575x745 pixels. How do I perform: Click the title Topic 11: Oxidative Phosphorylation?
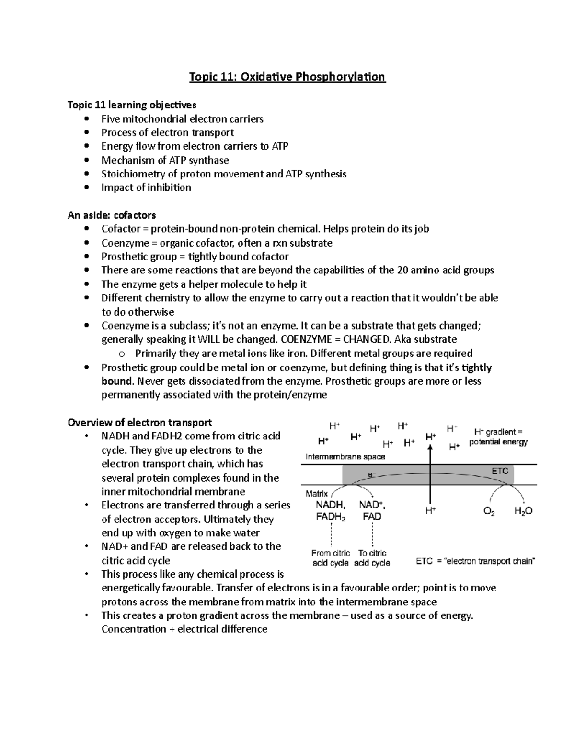pyautogui.click(x=287, y=77)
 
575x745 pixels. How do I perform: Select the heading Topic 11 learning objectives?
pyautogui.click(x=132, y=105)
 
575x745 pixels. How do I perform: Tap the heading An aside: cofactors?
pyautogui.click(x=112, y=215)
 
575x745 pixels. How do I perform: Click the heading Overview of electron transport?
pyautogui.click(x=139, y=423)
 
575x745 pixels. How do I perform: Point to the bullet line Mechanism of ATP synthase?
pyautogui.click(x=165, y=160)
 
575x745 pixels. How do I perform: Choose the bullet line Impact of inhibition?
pyautogui.click(x=146, y=188)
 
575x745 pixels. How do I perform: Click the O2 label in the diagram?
pyautogui.click(x=489, y=511)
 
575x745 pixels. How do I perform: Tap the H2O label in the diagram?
pyautogui.click(x=523, y=511)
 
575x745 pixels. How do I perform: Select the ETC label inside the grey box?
pyautogui.click(x=500, y=471)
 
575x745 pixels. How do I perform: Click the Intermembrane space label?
pyautogui.click(x=345, y=457)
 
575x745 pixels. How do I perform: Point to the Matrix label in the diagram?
pyautogui.click(x=317, y=494)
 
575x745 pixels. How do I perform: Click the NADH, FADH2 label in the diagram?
pyautogui.click(x=331, y=510)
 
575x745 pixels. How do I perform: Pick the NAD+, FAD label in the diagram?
pyautogui.click(x=372, y=510)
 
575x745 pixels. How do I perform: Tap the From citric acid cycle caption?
pyautogui.click(x=331, y=558)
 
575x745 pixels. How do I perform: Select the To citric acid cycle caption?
pyautogui.click(x=372, y=558)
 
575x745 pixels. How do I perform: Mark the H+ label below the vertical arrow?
pyautogui.click(x=431, y=511)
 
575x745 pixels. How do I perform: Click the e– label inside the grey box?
pyautogui.click(x=371, y=474)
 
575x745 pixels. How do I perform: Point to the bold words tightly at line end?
pyautogui.click(x=476, y=367)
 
